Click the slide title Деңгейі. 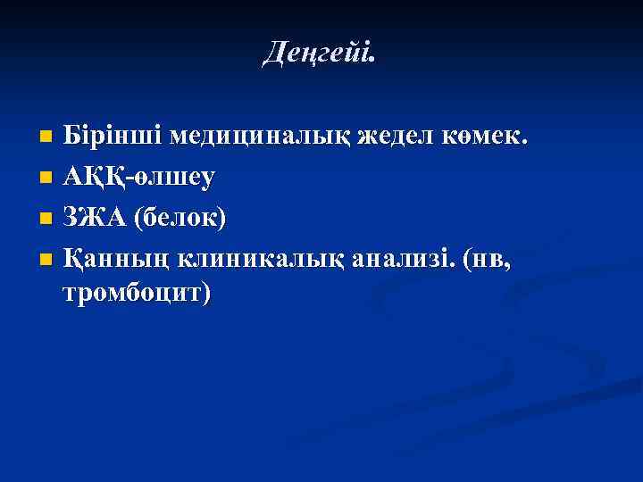[x=321, y=54]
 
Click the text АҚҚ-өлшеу [x=139, y=178]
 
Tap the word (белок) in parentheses [x=180, y=217]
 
